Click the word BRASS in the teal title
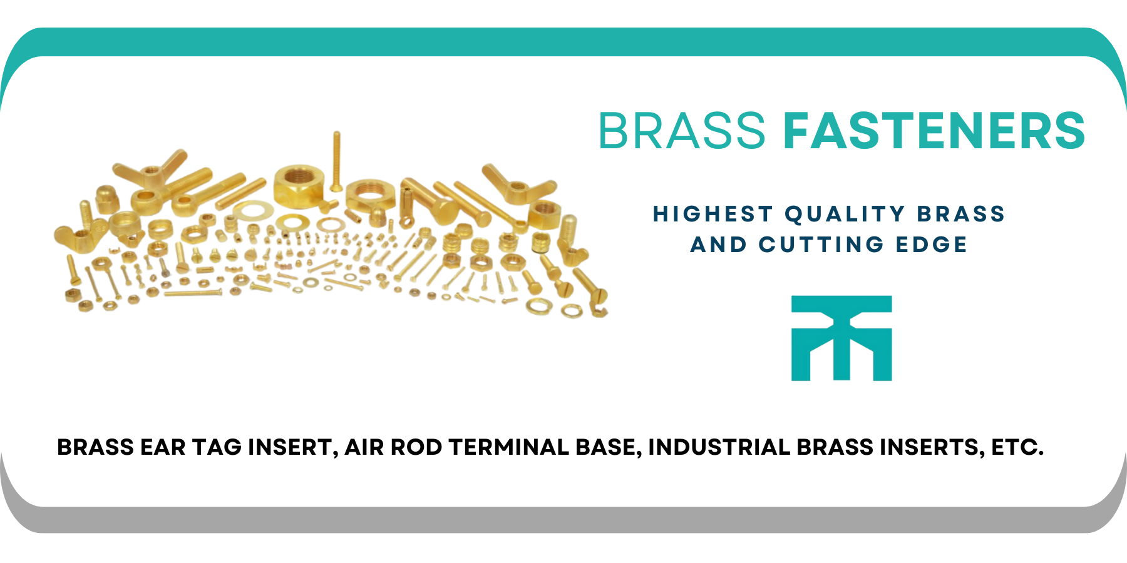pyautogui.click(x=682, y=131)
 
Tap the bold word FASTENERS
pyautogui.click(x=934, y=131)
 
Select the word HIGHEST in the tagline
pyautogui.click(x=713, y=214)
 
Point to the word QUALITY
pyautogui.click(x=845, y=214)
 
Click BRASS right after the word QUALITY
pyautogui.click(x=961, y=214)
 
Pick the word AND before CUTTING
pyautogui.click(x=718, y=244)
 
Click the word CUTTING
pyautogui.click(x=821, y=244)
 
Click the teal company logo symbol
pyautogui.click(x=841, y=338)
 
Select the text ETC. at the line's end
pyautogui.click(x=1017, y=447)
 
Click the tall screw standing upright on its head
pyautogui.click(x=336, y=161)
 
